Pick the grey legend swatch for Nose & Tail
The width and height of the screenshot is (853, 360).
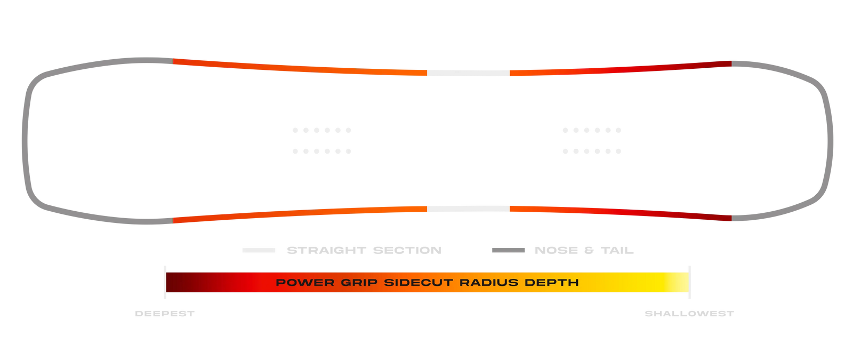(508, 250)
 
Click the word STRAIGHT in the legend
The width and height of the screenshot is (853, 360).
(326, 250)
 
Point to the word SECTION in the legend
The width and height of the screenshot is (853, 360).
(407, 250)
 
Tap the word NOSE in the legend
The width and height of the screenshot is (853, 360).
(556, 250)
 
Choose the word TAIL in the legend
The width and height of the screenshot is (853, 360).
(617, 250)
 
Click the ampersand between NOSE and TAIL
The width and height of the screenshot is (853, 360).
(589, 250)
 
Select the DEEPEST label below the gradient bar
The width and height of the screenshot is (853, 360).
(164, 314)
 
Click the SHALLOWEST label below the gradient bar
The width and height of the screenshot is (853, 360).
(689, 314)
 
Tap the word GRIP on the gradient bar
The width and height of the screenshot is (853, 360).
(359, 283)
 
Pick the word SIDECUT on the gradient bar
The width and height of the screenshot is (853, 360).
(419, 283)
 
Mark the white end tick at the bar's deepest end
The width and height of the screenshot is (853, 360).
(165, 282)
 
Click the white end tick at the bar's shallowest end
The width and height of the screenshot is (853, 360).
(689, 282)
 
